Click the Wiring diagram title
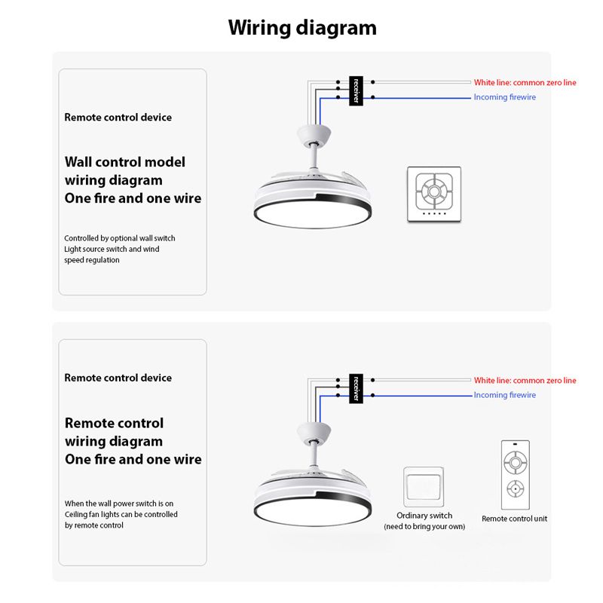[x=302, y=28]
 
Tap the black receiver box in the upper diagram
[x=356, y=90]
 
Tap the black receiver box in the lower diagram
[x=356, y=388]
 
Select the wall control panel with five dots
[x=434, y=194]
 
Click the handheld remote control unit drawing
[x=516, y=475]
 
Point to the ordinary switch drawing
[x=424, y=487]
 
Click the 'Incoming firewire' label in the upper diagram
[x=504, y=97]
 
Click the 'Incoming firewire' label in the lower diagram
[x=504, y=395]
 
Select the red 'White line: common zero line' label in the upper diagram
[x=525, y=82]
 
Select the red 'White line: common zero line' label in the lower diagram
[x=525, y=381]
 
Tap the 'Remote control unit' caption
[x=514, y=519]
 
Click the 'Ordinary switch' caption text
[x=424, y=516]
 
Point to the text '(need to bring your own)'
[x=424, y=526]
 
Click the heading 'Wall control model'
[x=125, y=162]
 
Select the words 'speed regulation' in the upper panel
[x=92, y=260]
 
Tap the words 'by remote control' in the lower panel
[x=93, y=525]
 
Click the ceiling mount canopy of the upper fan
[x=314, y=134]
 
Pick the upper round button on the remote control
[x=516, y=462]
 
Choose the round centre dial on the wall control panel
[x=434, y=191]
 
